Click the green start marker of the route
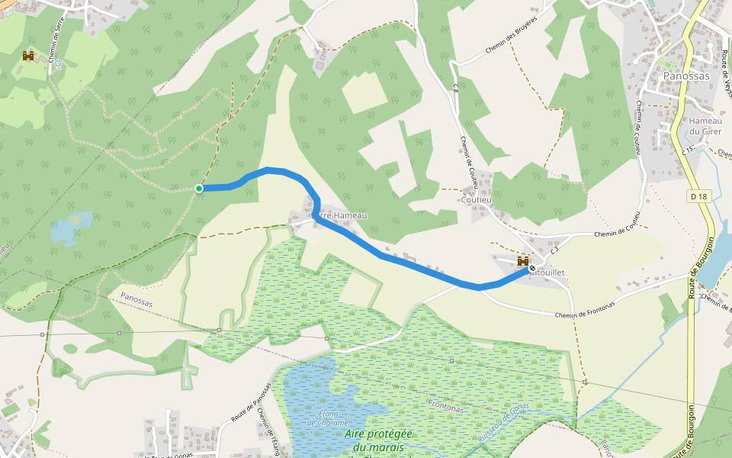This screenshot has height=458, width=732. [x=199, y=189]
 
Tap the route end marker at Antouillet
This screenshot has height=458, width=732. [x=531, y=269]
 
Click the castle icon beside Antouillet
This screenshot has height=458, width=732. [x=523, y=262]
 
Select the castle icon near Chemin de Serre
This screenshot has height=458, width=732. [x=28, y=56]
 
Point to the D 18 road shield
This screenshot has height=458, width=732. [x=698, y=196]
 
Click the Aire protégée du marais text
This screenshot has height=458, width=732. [x=378, y=440]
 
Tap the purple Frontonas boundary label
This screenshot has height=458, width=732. [x=446, y=407]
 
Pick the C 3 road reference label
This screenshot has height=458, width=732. [x=554, y=249]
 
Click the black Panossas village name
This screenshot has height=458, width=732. [x=686, y=76]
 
